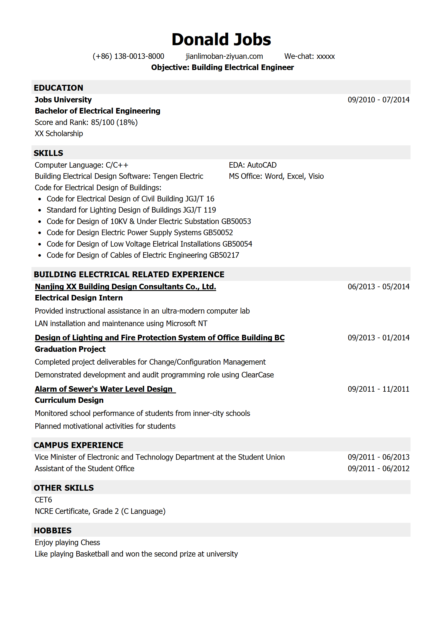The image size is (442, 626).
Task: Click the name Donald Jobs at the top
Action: (x=221, y=39)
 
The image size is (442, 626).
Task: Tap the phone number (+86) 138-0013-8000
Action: (x=128, y=56)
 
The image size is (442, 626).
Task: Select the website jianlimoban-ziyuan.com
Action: (x=224, y=56)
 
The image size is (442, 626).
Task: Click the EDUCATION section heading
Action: (x=58, y=88)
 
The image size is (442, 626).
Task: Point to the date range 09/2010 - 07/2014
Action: (x=378, y=100)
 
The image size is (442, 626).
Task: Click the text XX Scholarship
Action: (x=59, y=134)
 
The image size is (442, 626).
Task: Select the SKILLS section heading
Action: (x=48, y=153)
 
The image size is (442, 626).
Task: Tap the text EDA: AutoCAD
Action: (x=253, y=165)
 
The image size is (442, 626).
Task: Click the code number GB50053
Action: (x=236, y=221)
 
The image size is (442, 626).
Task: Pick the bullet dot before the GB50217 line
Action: (x=40, y=255)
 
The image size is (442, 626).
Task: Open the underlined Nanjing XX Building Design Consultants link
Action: (x=125, y=287)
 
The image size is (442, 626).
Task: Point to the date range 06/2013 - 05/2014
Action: (x=378, y=287)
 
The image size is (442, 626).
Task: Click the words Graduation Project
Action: (x=70, y=349)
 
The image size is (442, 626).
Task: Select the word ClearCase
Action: (x=257, y=375)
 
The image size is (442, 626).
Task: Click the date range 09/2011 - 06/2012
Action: (x=378, y=469)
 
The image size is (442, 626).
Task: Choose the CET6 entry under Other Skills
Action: (x=43, y=500)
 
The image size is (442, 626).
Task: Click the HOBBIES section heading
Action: (x=53, y=531)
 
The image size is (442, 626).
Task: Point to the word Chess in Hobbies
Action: (x=90, y=543)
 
